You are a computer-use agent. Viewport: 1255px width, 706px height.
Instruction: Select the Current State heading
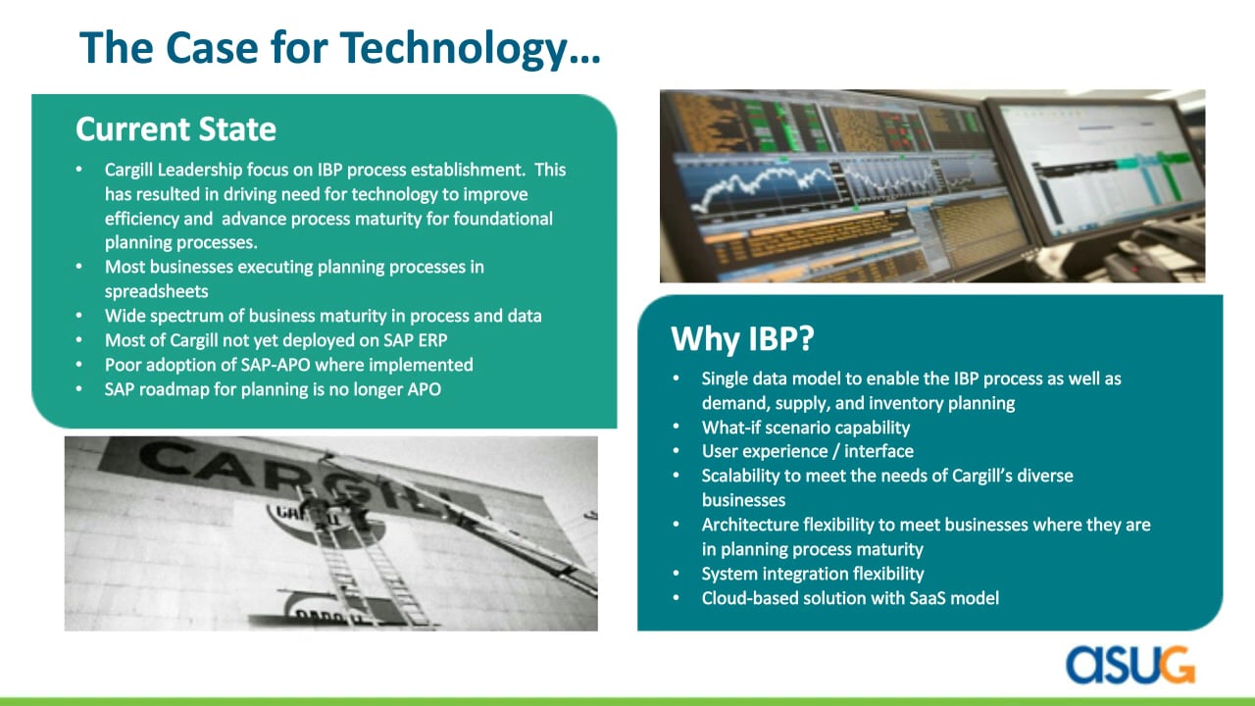pos(176,128)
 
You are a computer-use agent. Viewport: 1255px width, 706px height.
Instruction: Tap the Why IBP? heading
pos(742,338)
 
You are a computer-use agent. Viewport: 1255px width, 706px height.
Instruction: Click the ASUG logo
pos(1130,665)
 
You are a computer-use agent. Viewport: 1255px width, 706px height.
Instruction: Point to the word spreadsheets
pos(156,291)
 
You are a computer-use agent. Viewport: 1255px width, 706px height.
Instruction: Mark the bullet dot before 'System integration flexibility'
pos(677,574)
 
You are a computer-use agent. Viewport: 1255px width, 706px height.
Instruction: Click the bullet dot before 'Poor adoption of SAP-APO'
pos(79,365)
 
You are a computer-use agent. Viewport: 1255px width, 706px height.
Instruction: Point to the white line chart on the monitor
pos(768,185)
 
